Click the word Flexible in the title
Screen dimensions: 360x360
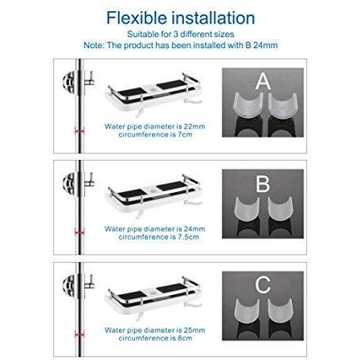(137, 18)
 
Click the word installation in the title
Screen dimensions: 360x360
(213, 18)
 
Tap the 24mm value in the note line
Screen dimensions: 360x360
(265, 45)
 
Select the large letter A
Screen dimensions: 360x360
(263, 81)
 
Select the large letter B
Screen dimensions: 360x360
(263, 184)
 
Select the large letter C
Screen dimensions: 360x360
(263, 284)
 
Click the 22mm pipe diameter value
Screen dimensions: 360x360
(194, 126)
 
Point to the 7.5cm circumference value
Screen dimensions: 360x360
(187, 237)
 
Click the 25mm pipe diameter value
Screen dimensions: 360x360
(194, 330)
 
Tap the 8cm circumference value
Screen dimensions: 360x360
(185, 338)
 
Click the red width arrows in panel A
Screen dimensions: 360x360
(80, 131)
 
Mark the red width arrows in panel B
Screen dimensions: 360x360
(80, 233)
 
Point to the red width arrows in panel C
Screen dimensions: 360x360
(80, 334)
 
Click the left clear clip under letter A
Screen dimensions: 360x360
(247, 105)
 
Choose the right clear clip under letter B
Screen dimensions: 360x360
(280, 209)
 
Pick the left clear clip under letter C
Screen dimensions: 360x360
(247, 311)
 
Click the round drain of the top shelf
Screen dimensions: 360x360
(153, 88)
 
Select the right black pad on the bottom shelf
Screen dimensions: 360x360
(170, 288)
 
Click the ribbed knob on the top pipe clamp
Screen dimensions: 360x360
(69, 82)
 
